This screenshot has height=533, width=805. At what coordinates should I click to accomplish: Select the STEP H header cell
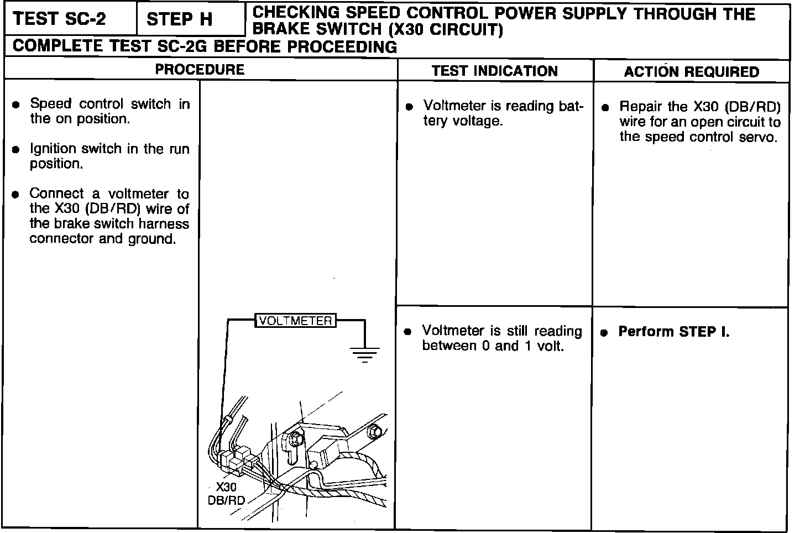(180, 20)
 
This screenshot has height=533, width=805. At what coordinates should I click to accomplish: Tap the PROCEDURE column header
(200, 70)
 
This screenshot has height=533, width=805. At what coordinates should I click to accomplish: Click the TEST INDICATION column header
(495, 71)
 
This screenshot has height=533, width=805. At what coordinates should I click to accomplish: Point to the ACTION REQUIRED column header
(692, 72)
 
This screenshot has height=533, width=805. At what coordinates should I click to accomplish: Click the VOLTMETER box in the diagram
(295, 321)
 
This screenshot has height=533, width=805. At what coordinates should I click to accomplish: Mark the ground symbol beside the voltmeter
(364, 353)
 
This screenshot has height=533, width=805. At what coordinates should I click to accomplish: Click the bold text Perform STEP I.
(673, 332)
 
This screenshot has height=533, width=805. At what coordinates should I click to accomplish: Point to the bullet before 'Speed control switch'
(17, 104)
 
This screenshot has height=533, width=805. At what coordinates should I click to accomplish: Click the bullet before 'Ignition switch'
(17, 149)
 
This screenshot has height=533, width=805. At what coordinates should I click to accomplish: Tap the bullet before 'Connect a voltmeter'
(17, 194)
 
